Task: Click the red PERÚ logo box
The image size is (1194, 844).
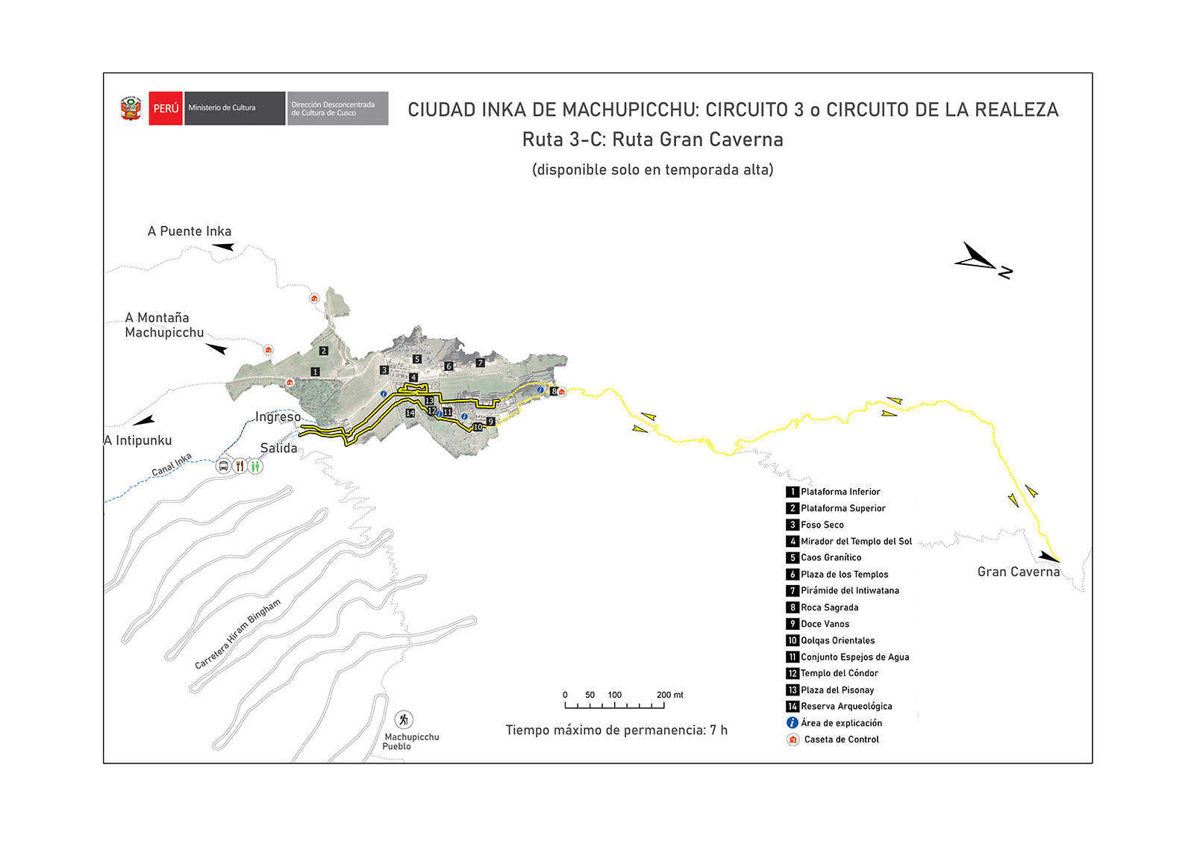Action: tap(166, 108)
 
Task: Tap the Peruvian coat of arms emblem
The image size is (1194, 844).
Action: tap(131, 108)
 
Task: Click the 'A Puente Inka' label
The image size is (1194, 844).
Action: tap(190, 231)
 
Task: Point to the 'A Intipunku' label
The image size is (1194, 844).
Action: tap(138, 440)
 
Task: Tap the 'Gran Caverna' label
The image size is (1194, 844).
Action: tap(1018, 572)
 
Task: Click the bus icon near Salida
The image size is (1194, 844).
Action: tap(223, 466)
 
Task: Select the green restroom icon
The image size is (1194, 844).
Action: tap(255, 466)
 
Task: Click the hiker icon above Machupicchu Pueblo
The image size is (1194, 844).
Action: tap(404, 719)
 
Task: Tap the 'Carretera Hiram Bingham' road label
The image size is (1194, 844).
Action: tap(237, 634)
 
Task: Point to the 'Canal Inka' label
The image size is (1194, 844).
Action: tap(172, 464)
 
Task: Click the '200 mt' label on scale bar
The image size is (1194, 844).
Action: tap(669, 695)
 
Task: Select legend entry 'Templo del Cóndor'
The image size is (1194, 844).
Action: tap(839, 673)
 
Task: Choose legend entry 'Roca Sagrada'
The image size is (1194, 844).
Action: tap(829, 607)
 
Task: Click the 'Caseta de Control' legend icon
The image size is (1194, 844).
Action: tap(793, 740)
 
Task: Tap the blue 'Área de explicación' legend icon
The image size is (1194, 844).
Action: tap(793, 722)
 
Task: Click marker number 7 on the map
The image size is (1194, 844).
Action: tap(481, 363)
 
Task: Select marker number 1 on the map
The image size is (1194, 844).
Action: tap(315, 372)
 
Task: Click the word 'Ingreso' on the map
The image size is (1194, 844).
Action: tap(278, 416)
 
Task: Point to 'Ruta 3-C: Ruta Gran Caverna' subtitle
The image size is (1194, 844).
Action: tap(652, 140)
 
